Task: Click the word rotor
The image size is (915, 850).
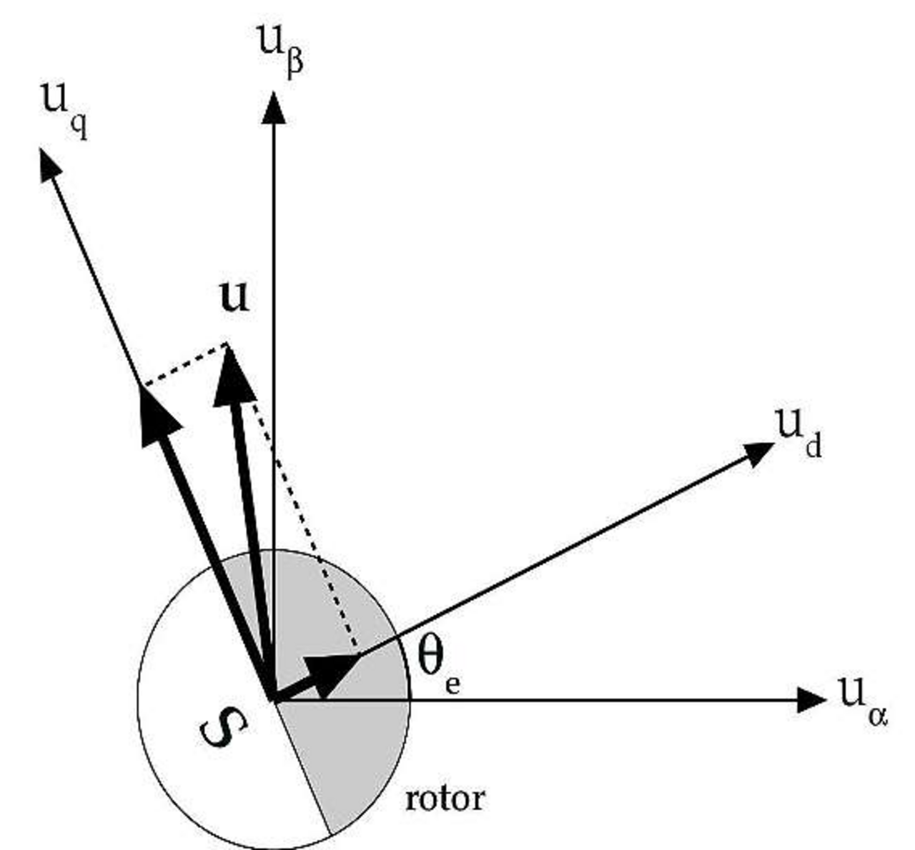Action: pyautogui.click(x=444, y=799)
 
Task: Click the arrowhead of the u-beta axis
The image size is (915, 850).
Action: pyautogui.click(x=272, y=109)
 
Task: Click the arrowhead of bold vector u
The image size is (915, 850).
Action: pyautogui.click(x=233, y=377)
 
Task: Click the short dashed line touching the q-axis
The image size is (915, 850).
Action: pyautogui.click(x=184, y=365)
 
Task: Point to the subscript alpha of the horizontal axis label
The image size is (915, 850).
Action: pyautogui.click(x=878, y=714)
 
